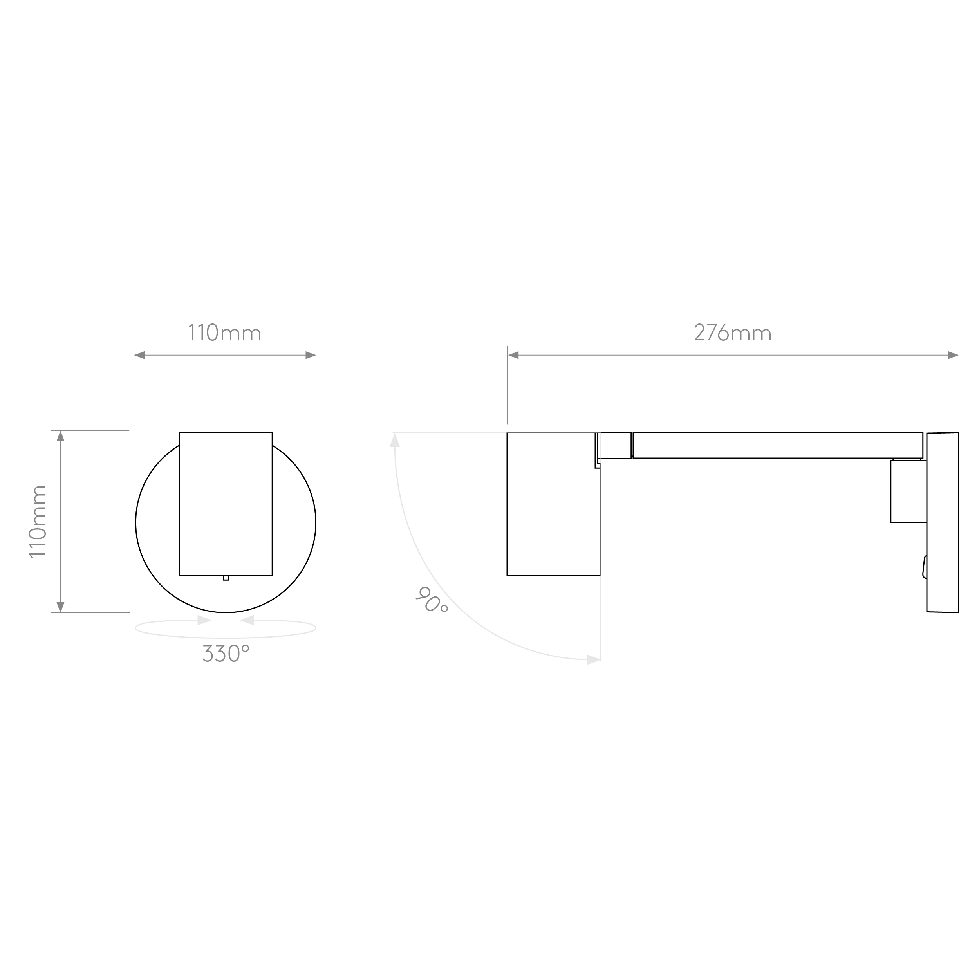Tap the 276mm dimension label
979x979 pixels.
pyautogui.click(x=733, y=333)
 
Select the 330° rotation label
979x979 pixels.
pyautogui.click(x=226, y=654)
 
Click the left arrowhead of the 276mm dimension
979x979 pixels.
pyautogui.click(x=513, y=355)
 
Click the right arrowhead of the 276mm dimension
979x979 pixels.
pyautogui.click(x=953, y=355)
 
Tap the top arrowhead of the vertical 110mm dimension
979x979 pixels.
pyautogui.click(x=60, y=436)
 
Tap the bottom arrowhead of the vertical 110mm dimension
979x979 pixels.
pyautogui.click(x=60, y=607)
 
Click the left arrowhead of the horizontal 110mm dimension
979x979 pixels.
pyautogui.click(x=139, y=355)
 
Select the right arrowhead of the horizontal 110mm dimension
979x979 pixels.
pyautogui.click(x=311, y=355)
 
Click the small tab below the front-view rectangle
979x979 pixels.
pyautogui.click(x=226, y=578)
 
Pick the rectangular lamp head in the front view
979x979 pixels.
pyautogui.click(x=226, y=504)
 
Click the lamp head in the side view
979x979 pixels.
pyautogui.click(x=554, y=504)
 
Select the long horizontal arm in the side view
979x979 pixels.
pyautogui.click(x=778, y=445)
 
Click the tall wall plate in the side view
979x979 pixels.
pyautogui.click(x=943, y=522)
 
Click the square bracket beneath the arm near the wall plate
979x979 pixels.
pyautogui.click(x=909, y=491)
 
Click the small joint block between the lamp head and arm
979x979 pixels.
pyautogui.click(x=614, y=445)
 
